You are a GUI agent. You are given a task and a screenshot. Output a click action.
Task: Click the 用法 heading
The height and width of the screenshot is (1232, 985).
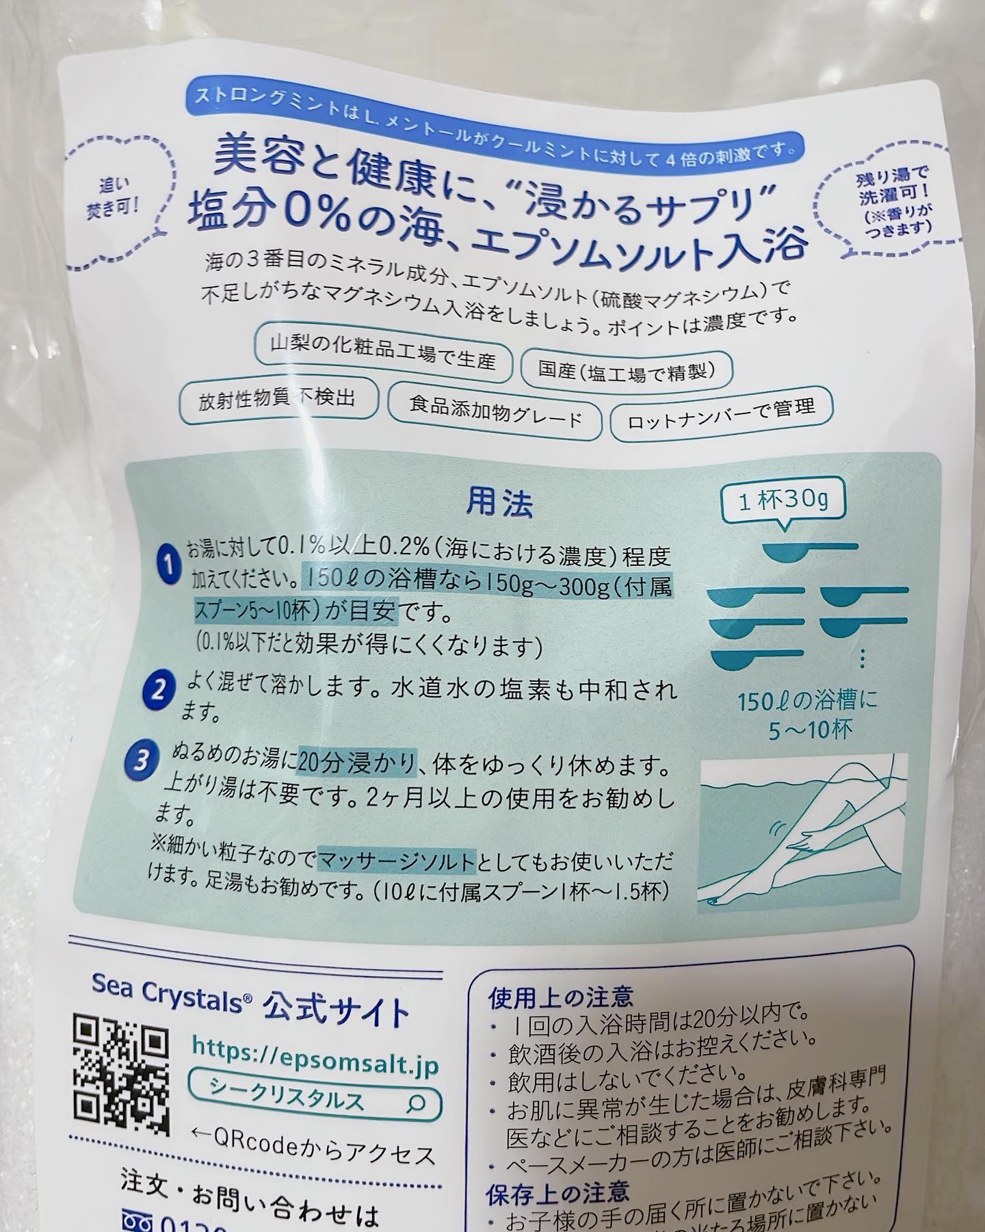click(x=499, y=503)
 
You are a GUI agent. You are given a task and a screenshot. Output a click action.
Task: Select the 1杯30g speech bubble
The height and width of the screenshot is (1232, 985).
click(x=783, y=501)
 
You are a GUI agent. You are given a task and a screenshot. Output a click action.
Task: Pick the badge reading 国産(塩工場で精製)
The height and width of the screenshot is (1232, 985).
click(x=627, y=370)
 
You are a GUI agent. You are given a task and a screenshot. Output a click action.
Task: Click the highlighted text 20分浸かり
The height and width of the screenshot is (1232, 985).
click(x=356, y=762)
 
